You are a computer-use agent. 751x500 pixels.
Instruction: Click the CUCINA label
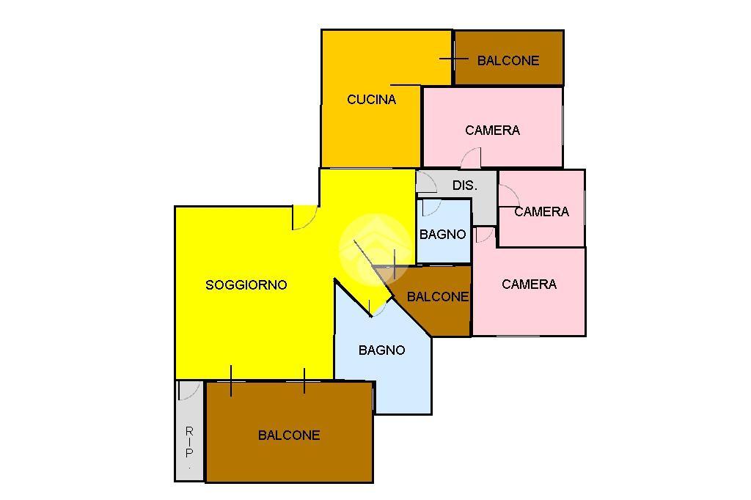pyautogui.click(x=371, y=100)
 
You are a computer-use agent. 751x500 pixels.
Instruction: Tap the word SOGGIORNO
pyautogui.click(x=246, y=285)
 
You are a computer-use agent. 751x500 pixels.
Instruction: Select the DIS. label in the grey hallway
pyautogui.click(x=464, y=185)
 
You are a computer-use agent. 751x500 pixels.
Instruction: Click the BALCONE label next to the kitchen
pyautogui.click(x=508, y=61)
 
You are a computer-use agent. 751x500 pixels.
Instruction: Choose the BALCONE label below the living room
pyautogui.click(x=289, y=435)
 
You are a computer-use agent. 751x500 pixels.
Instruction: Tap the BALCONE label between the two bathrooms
pyautogui.click(x=437, y=297)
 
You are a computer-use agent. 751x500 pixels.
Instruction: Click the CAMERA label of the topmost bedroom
pyautogui.click(x=492, y=130)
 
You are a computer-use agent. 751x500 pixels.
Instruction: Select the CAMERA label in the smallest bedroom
pyautogui.click(x=541, y=212)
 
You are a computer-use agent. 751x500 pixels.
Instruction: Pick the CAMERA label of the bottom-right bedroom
pyautogui.click(x=529, y=284)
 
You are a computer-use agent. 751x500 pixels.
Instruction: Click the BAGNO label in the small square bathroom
pyautogui.click(x=442, y=235)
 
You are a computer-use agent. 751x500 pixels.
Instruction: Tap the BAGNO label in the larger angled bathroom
pyautogui.click(x=381, y=350)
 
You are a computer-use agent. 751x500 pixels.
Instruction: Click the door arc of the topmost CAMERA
pyautogui.click(x=471, y=158)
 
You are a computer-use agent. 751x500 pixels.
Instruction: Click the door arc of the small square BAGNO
pyautogui.click(x=432, y=208)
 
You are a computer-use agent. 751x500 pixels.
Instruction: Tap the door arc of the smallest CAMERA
pyautogui.click(x=510, y=196)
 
